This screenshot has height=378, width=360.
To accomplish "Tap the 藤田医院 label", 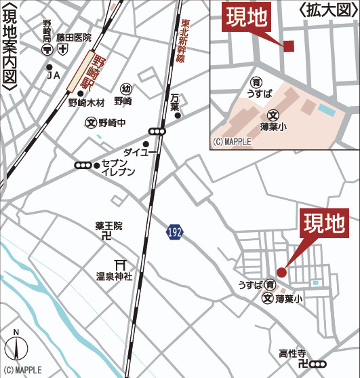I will (x=74, y=38).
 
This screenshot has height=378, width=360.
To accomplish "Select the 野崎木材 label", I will (x=86, y=103).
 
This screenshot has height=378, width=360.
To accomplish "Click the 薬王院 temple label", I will (x=109, y=225).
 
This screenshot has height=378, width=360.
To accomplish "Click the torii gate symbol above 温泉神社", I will (x=122, y=264).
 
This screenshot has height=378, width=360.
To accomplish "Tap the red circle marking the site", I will (x=281, y=272).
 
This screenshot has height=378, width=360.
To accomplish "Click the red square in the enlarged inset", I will (x=289, y=46).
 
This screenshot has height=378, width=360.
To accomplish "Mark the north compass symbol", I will (x=16, y=349).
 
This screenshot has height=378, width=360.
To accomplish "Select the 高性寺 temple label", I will (x=292, y=354).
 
